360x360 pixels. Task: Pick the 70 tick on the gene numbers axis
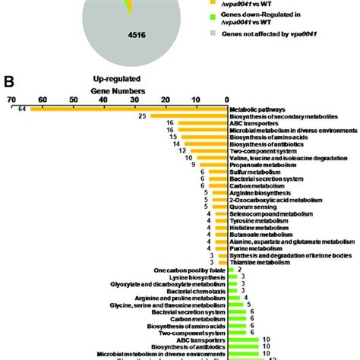coord(11,99)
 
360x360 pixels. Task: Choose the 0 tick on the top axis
coord(227,99)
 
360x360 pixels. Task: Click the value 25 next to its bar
coord(141,116)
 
